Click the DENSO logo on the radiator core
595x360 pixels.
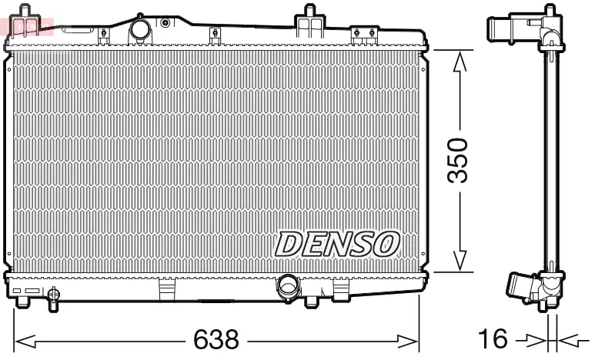(x=337, y=244)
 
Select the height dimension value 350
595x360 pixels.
(x=459, y=160)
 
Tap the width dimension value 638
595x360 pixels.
(x=216, y=338)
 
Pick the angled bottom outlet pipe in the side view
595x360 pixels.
(x=520, y=285)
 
